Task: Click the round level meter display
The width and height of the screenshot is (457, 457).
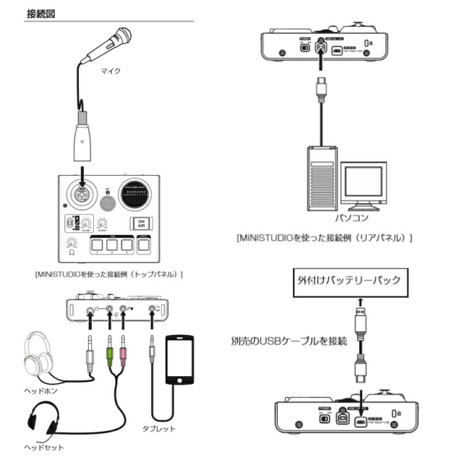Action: tap(136, 194)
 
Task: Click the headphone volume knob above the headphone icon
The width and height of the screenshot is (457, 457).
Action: tap(72, 245)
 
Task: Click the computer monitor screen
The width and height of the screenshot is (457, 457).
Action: tap(364, 184)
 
